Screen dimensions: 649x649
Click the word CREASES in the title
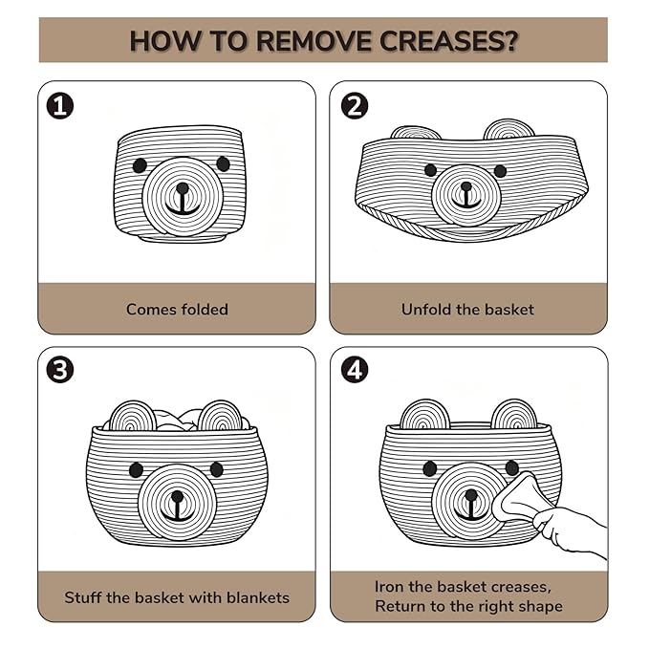pyautogui.click(x=448, y=41)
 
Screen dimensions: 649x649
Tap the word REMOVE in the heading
pyautogui.click(x=314, y=41)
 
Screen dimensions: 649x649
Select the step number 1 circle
pyautogui.click(x=60, y=106)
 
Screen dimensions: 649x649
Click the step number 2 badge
pyautogui.click(x=355, y=106)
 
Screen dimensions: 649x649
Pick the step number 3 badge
pyautogui.click(x=60, y=370)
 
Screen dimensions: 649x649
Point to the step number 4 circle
pyautogui.click(x=355, y=370)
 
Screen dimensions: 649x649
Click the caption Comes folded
pyautogui.click(x=177, y=309)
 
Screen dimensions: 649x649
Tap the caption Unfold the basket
pyautogui.click(x=467, y=309)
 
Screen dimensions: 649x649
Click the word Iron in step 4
pyautogui.click(x=389, y=587)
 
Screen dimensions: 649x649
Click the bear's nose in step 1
pyautogui.click(x=183, y=188)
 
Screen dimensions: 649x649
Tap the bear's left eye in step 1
pyautogui.click(x=140, y=165)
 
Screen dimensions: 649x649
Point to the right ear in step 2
pyautogui.click(x=508, y=130)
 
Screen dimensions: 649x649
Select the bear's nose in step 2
pyautogui.click(x=466, y=186)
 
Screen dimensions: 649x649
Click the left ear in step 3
pyautogui.click(x=133, y=417)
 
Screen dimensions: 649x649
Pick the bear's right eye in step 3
pyautogui.click(x=216, y=469)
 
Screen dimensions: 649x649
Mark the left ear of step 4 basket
pyautogui.click(x=425, y=414)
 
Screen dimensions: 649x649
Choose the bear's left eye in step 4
pyautogui.click(x=430, y=468)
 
